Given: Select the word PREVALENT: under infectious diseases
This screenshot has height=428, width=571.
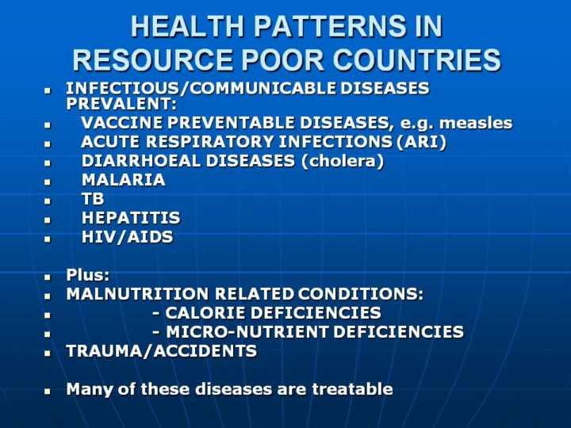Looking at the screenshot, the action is coord(121,104).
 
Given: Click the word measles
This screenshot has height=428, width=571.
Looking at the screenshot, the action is coord(476,123).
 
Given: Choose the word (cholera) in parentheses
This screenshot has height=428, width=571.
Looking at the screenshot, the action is coord(343,161).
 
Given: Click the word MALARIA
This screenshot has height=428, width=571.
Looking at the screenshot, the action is coord(124,180).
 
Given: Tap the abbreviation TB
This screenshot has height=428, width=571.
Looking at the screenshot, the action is coord(93,199).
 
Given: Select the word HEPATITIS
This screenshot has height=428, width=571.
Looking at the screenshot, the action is coord(131,218).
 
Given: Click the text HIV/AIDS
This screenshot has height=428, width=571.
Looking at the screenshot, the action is coord(128,237).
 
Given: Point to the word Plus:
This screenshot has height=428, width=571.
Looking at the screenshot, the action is coord(88,275).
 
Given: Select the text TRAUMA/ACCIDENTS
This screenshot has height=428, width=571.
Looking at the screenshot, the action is coord(162,351).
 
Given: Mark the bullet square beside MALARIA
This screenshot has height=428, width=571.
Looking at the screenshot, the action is coord(48,182).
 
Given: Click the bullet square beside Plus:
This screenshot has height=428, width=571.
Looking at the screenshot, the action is coord(48,277).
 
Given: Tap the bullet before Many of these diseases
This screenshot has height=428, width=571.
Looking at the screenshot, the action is coord(48,392).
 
